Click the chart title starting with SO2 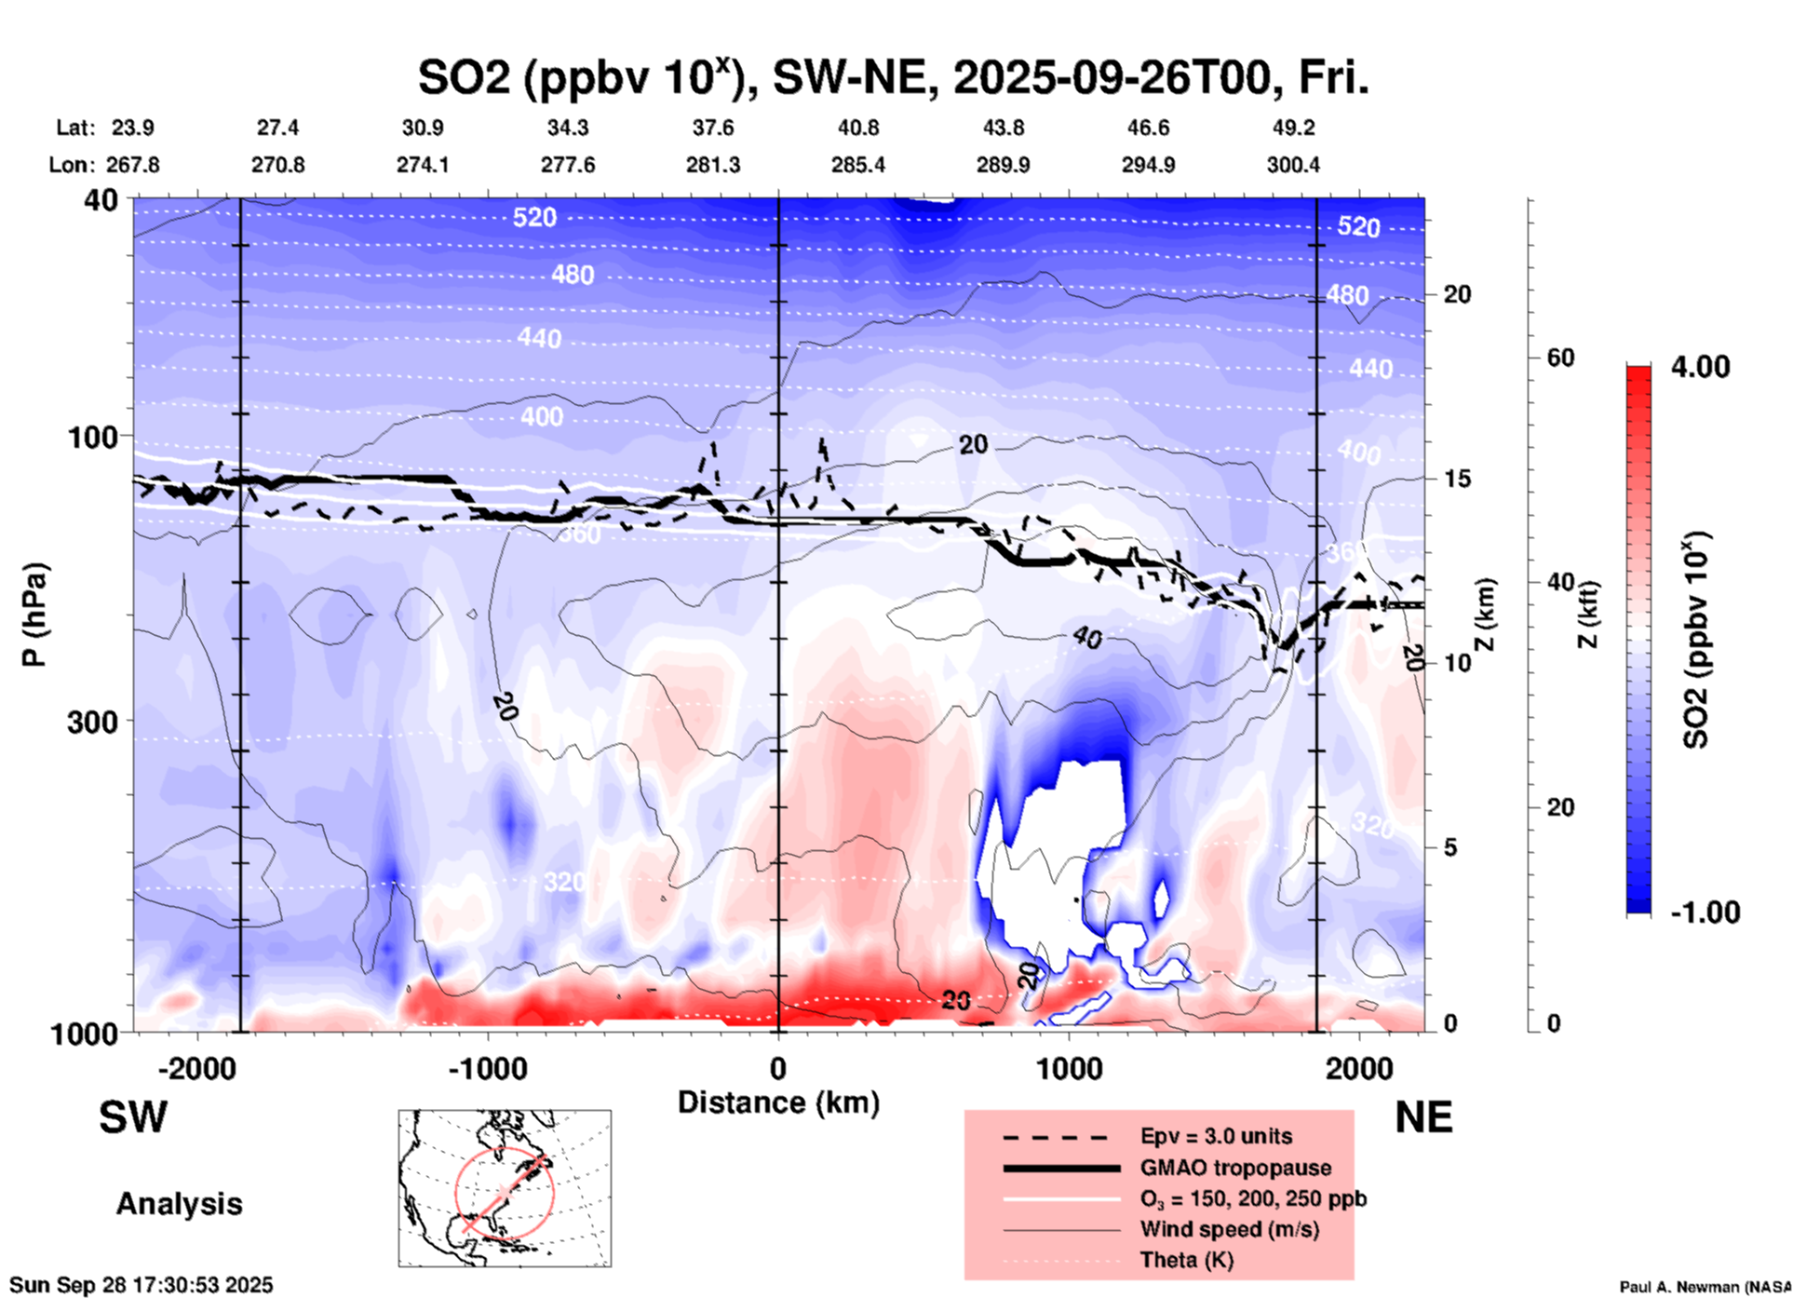tap(893, 78)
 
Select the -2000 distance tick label tap(197, 1069)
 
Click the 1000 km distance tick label tap(1069, 1069)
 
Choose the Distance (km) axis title tap(778, 1102)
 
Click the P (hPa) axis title tap(34, 615)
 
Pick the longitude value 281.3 tap(713, 166)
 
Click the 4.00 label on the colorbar tap(1700, 367)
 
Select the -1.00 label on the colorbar tap(1705, 913)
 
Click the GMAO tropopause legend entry tap(1235, 1168)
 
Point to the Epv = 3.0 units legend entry tap(1216, 1137)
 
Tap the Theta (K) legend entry tap(1186, 1260)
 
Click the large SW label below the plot tap(133, 1117)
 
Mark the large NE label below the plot tap(1423, 1117)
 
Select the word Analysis tap(179, 1204)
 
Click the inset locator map tap(505, 1188)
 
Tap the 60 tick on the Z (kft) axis tap(1560, 358)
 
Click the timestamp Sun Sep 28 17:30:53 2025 tap(142, 1285)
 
